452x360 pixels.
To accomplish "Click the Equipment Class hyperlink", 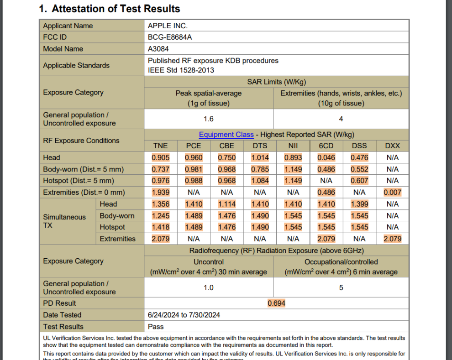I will click(226, 135).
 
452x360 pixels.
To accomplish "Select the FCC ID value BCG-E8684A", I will click(170, 37).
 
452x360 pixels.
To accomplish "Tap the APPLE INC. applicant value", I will click(168, 26).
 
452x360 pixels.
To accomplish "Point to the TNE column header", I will click(160, 146).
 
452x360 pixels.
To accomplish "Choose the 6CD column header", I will click(326, 146).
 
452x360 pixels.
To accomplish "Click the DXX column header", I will click(392, 146).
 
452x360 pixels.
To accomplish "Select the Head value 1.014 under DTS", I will click(260, 158).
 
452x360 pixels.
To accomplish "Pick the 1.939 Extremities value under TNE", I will click(160, 193).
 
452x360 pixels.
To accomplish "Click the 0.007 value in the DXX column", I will click(392, 193).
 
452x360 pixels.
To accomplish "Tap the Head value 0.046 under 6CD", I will click(326, 158).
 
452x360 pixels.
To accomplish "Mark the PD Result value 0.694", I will click(276, 303).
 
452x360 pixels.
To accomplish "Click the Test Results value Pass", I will click(156, 327).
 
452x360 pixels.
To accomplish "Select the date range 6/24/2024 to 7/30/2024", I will click(184, 315).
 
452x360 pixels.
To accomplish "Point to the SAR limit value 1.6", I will click(208, 119).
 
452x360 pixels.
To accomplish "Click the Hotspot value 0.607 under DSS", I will click(359, 181).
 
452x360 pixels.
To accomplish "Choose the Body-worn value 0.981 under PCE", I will click(194, 169).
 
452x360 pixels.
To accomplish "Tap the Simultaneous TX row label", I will click(64, 221).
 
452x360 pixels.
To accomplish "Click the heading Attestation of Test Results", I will click(110, 9).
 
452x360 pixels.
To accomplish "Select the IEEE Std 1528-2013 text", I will click(181, 70).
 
